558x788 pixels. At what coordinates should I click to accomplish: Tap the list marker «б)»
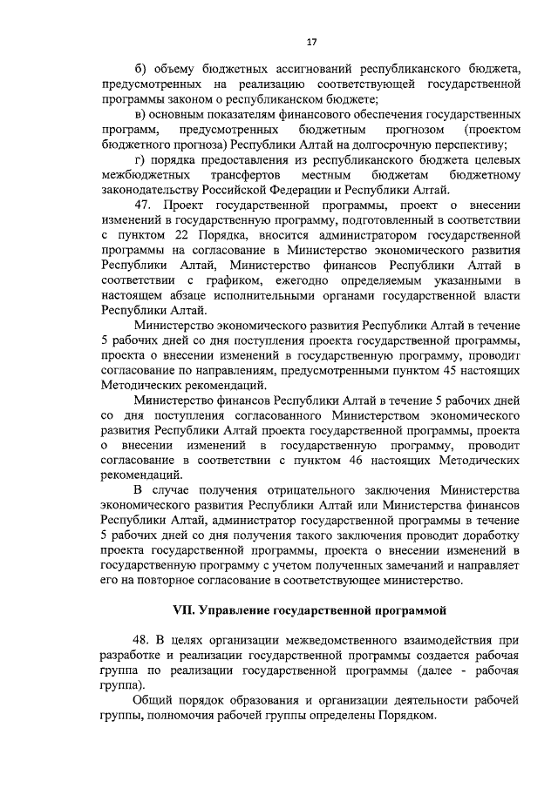coord(140,69)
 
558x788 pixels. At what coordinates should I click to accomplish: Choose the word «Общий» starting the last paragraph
coord(153,703)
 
